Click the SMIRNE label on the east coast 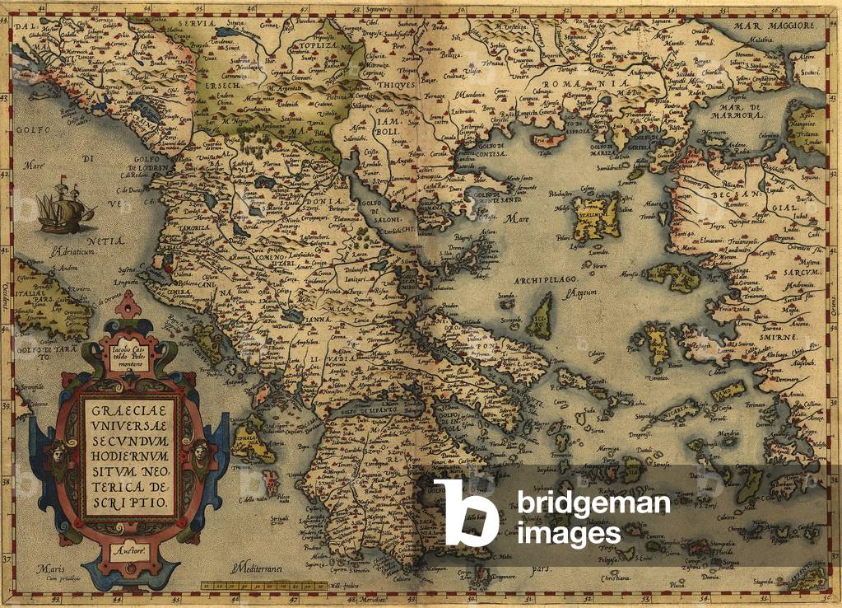tap(781, 338)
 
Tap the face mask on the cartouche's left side tap(60, 452)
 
